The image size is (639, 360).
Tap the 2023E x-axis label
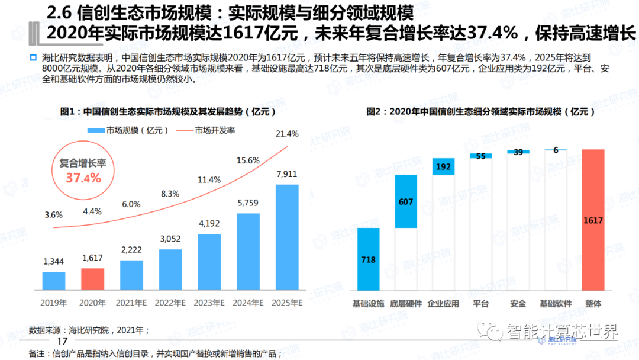coord(209,303)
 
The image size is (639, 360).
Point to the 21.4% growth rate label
coord(287,134)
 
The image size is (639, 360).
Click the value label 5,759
coord(248,202)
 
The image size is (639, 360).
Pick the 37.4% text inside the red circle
coord(83,177)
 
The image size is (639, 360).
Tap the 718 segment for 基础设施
coord(368,259)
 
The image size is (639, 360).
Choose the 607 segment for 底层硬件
coord(406,202)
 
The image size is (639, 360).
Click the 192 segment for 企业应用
coord(444,166)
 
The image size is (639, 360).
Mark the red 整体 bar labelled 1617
coord(593,220)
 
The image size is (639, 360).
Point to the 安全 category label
coord(518,304)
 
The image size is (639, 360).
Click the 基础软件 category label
coord(556,304)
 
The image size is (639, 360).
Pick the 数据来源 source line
coord(89,330)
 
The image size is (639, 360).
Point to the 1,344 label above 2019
coord(54,261)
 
